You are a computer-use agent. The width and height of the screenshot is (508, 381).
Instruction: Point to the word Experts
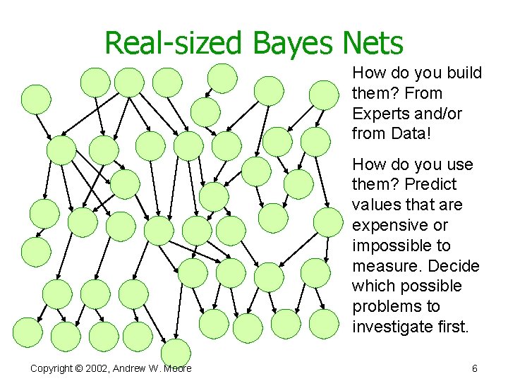(x=379, y=114)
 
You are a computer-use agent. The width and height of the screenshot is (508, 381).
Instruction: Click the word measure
(x=381, y=266)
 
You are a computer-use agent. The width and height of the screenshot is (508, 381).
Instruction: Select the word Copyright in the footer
(x=52, y=368)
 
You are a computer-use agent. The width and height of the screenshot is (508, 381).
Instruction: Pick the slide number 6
(x=475, y=368)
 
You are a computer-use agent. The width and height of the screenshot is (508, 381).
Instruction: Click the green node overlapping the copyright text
(x=176, y=353)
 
